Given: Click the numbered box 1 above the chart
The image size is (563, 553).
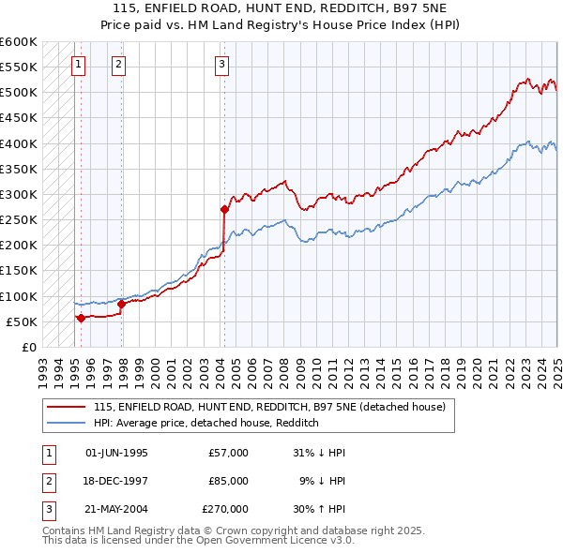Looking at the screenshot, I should coord(77,65).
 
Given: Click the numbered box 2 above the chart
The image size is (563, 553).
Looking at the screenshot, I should coord(119,65).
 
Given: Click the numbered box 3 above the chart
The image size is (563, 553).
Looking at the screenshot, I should coord(221,65).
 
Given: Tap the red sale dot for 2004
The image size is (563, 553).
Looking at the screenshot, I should coord(224,209).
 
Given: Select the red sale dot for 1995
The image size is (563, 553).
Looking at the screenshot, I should coord(81,318).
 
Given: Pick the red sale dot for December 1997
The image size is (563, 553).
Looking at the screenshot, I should coord(122,304).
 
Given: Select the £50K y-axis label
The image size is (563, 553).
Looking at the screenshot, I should coord(22,322).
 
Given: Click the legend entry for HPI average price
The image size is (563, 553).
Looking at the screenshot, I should coord(206,423).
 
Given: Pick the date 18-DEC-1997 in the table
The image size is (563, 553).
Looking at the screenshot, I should coord(116,481).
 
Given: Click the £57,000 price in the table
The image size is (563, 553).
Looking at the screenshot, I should coord(228,453).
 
